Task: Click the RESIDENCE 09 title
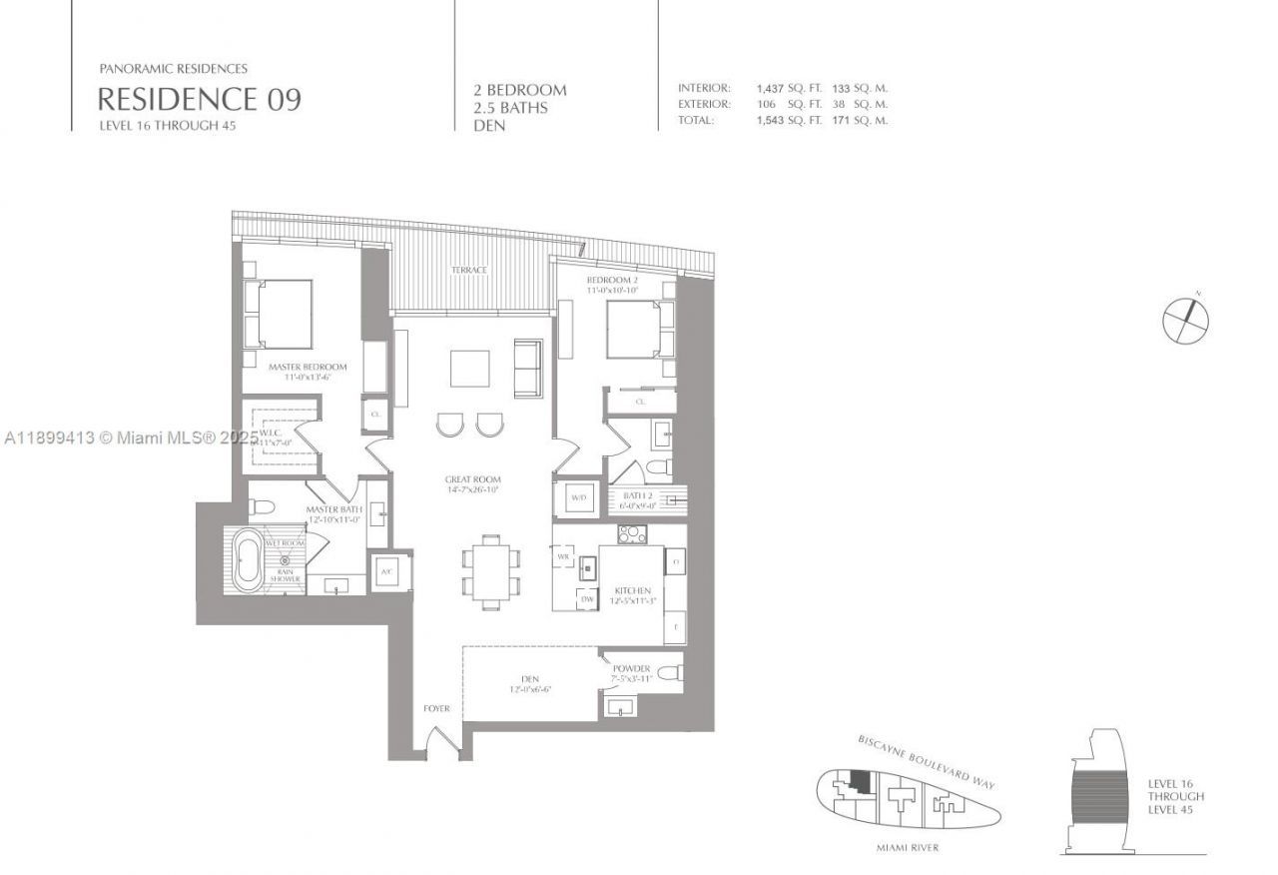[199, 99]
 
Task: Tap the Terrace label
[468, 271]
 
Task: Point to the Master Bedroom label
[308, 368]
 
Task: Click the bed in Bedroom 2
[635, 330]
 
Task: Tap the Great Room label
[473, 480]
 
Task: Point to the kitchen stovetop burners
[632, 535]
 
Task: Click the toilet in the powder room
[670, 669]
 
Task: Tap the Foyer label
[436, 709]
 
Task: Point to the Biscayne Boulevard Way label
[927, 764]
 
